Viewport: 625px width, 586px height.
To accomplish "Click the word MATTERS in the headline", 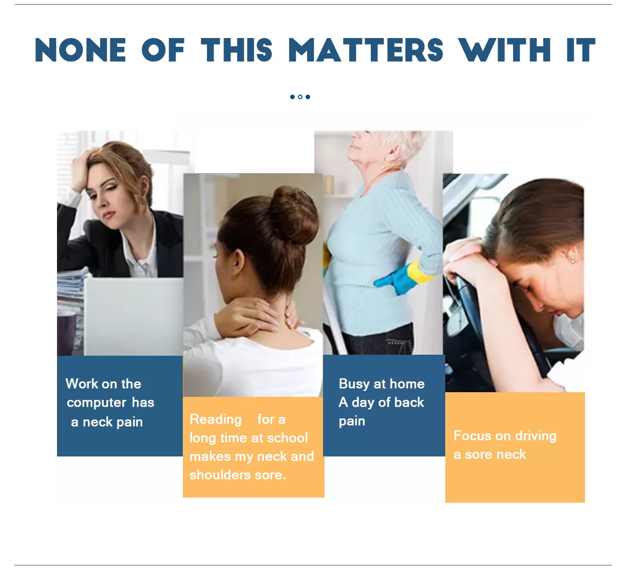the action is [365, 50].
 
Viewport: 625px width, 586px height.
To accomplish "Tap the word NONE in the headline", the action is [81, 50].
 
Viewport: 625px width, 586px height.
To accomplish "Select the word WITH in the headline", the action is [504, 50].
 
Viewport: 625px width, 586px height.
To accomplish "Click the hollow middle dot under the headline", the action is [300, 97].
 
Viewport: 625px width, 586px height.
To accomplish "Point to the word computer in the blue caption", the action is [97, 403].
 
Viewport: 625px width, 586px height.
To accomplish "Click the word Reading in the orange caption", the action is [216, 420].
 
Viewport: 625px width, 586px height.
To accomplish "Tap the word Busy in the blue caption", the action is [354, 384].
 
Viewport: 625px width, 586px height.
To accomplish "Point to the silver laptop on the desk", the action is [133, 316].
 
